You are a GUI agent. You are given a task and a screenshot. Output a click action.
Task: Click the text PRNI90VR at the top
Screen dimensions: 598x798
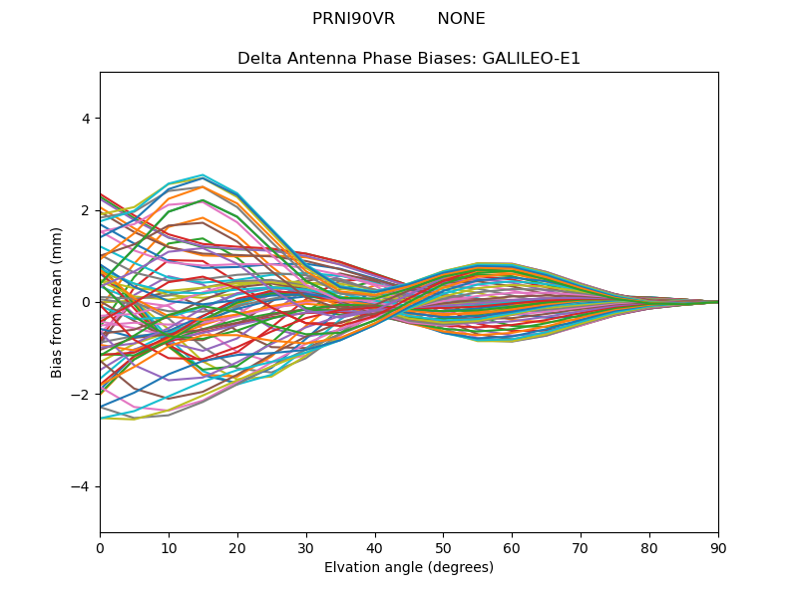coord(353,19)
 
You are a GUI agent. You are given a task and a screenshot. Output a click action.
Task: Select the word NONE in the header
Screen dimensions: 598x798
coord(461,19)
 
